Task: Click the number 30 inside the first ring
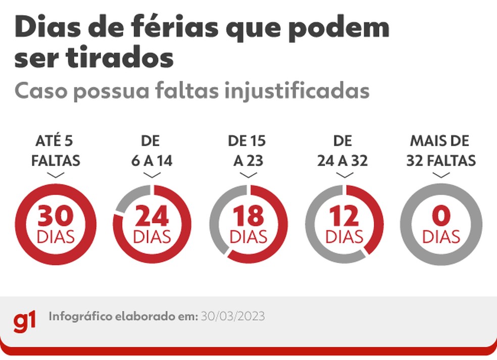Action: pos(56,216)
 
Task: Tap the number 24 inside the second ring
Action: pos(152,216)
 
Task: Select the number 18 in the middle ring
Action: pos(249,216)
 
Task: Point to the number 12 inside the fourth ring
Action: pos(344,216)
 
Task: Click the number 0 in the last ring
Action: pos(441,216)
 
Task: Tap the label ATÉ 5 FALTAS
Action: pos(56,150)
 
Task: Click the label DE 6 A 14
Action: pos(152,150)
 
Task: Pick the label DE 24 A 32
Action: pos(343,150)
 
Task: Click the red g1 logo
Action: pos(25,321)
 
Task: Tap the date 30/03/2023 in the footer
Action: pos(232,317)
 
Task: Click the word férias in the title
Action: pos(175,28)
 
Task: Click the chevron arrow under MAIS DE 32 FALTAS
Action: pos(441,175)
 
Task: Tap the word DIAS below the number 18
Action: pos(249,237)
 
